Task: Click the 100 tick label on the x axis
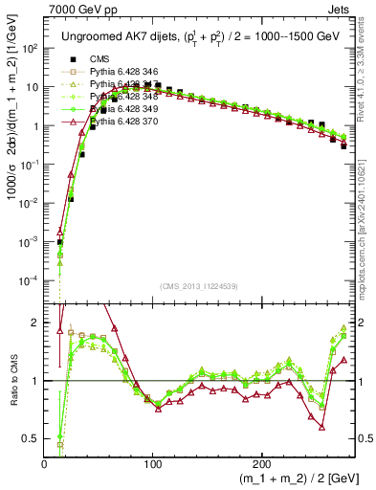tap(153, 462)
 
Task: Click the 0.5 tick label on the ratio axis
tap(30, 438)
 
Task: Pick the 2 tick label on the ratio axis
tap(34, 323)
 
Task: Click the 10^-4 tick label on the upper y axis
tap(29, 280)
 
